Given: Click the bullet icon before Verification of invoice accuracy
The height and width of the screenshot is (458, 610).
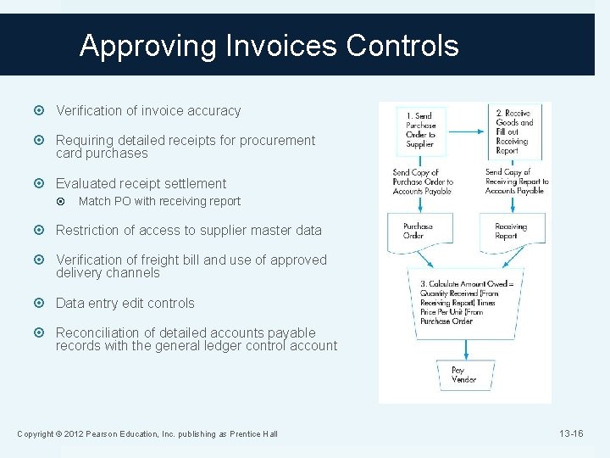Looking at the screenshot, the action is [43, 111].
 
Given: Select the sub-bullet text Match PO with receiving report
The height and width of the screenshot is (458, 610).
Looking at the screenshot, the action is [159, 201].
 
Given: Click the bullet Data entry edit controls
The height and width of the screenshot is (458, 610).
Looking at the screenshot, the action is [125, 303].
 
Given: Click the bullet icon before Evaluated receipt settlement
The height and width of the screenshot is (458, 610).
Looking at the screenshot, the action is [43, 184].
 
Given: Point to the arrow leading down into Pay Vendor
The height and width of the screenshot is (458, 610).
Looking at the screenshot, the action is [464, 348].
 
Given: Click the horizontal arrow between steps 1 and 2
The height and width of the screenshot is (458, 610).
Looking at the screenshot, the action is [467, 130].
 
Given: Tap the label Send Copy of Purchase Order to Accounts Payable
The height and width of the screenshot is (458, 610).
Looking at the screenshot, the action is [423, 182].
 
